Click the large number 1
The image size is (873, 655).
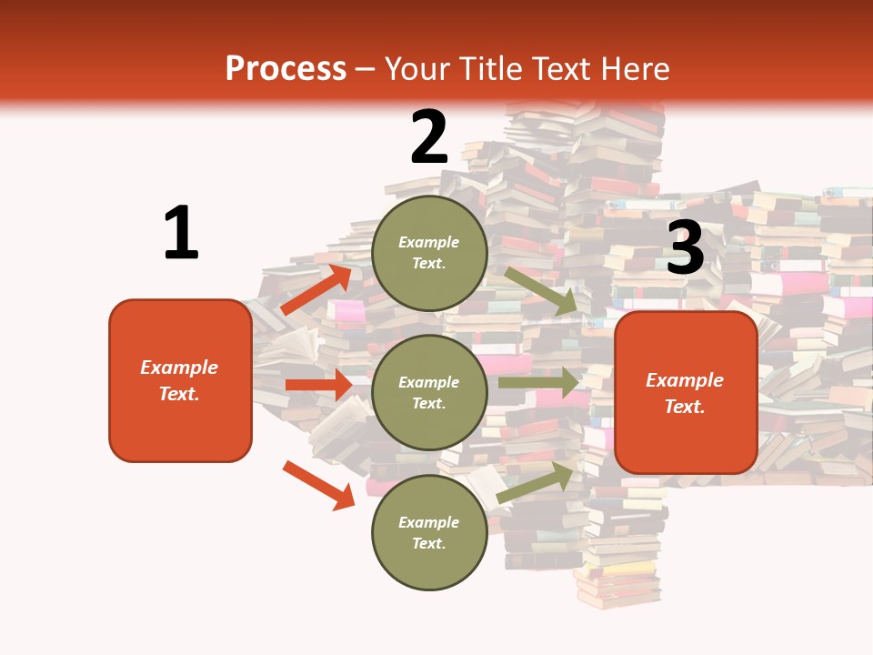tap(181, 234)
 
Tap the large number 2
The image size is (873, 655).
tap(429, 137)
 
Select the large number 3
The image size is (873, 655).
tap(686, 247)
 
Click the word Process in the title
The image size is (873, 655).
tap(286, 69)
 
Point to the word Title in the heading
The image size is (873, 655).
tap(489, 69)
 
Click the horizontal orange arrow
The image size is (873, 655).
tap(317, 385)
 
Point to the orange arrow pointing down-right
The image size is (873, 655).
tap(318, 485)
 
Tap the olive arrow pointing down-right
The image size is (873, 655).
tap(541, 291)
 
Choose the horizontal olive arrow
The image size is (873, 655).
tap(537, 383)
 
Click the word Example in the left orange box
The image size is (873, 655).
tap(179, 368)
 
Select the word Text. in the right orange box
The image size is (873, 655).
tap(685, 407)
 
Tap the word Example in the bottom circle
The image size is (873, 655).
tap(429, 522)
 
